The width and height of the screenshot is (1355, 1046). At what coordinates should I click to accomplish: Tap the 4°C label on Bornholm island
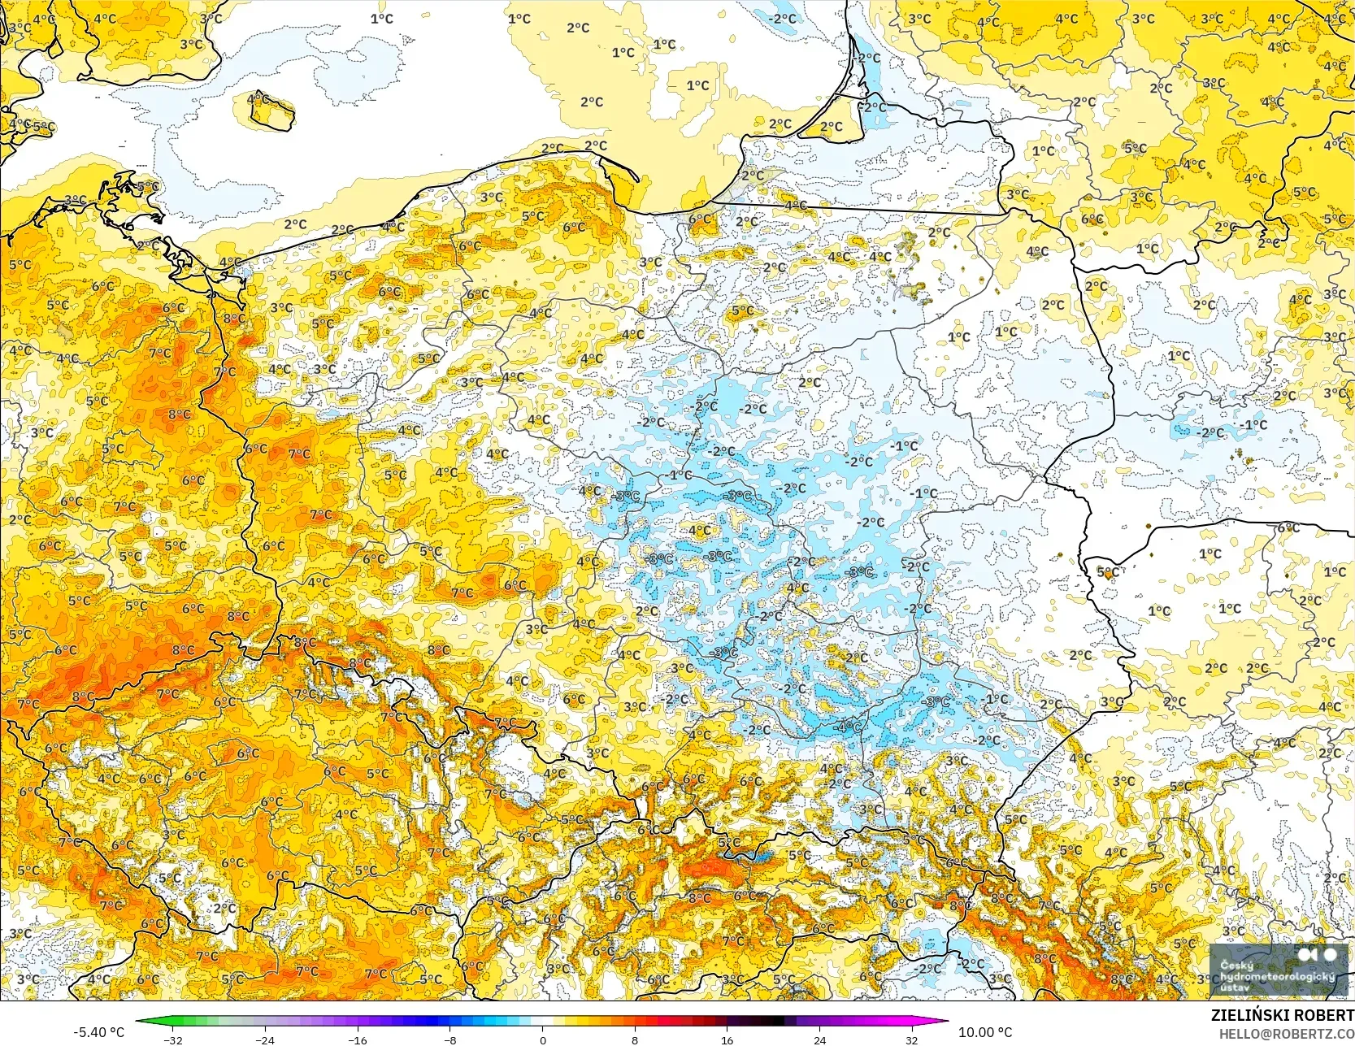(258, 99)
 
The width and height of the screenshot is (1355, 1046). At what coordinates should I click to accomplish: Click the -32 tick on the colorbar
(172, 1039)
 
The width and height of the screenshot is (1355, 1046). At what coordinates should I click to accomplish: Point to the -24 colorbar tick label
(264, 1039)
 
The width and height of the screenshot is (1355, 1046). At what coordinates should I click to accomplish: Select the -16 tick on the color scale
(357, 1039)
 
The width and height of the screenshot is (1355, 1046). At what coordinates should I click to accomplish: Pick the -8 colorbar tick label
(449, 1039)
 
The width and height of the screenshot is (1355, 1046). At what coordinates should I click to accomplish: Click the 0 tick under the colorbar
(542, 1039)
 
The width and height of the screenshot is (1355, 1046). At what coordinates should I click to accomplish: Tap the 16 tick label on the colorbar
(727, 1039)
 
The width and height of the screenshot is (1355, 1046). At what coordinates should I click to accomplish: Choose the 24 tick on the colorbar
(819, 1039)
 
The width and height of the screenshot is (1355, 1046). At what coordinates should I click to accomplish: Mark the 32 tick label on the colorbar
(912, 1039)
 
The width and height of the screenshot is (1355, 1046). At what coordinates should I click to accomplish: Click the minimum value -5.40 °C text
(98, 1032)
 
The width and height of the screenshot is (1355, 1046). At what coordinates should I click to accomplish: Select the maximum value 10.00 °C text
(985, 1032)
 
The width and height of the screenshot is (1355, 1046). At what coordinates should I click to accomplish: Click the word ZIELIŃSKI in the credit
(1249, 1015)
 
